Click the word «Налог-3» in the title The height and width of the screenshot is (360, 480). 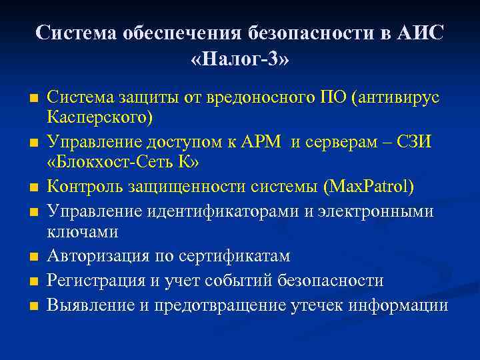tap(240, 58)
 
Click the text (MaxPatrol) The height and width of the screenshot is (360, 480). tap(368, 186)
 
